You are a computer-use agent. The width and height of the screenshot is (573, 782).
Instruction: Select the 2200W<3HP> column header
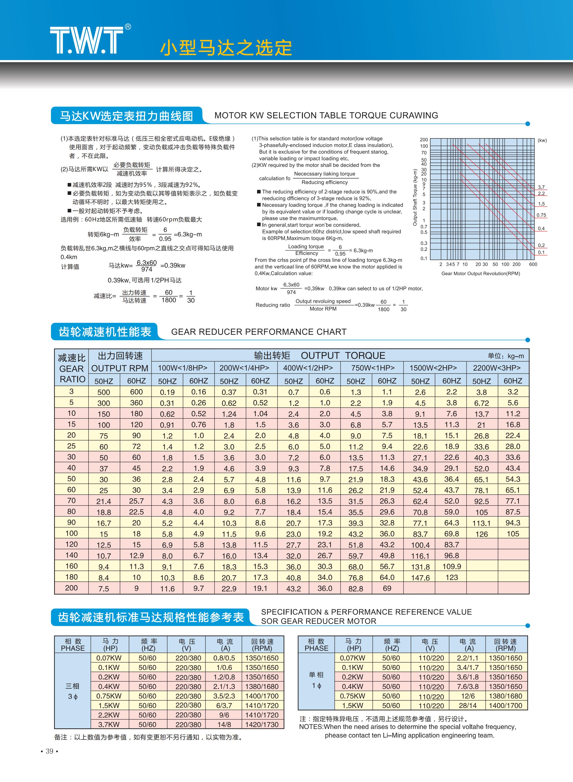point(496,368)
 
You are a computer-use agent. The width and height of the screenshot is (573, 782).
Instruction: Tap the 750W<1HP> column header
point(372,368)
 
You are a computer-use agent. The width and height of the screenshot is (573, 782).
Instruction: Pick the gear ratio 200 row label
point(71,588)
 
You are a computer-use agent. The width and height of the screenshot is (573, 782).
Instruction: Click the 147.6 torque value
point(420,578)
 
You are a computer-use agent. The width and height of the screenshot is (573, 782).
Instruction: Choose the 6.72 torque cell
point(481,403)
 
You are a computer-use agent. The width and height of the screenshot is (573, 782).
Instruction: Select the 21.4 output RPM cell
point(104,501)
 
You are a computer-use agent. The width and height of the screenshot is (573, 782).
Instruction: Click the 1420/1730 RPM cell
point(262,724)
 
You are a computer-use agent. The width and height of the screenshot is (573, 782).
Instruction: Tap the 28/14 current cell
point(468,705)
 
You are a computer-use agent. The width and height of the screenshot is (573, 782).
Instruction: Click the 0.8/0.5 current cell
point(224,658)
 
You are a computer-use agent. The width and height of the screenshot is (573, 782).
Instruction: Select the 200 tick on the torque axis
point(424,140)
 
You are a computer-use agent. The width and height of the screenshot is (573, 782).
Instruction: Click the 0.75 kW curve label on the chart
point(541,215)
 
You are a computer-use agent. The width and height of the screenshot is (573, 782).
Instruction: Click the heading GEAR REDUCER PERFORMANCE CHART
point(259,332)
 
